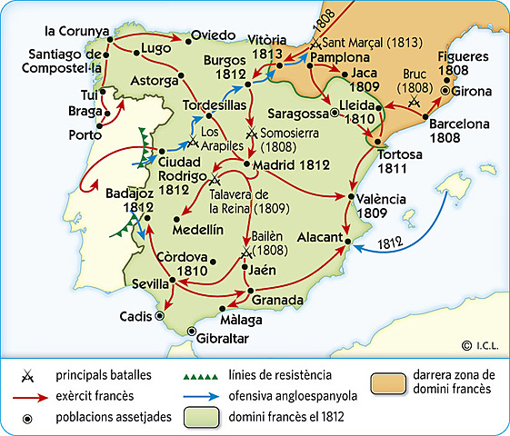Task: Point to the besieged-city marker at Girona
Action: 445,91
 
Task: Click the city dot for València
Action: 351,196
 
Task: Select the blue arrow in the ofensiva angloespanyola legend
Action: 204,397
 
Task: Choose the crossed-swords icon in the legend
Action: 28,375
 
